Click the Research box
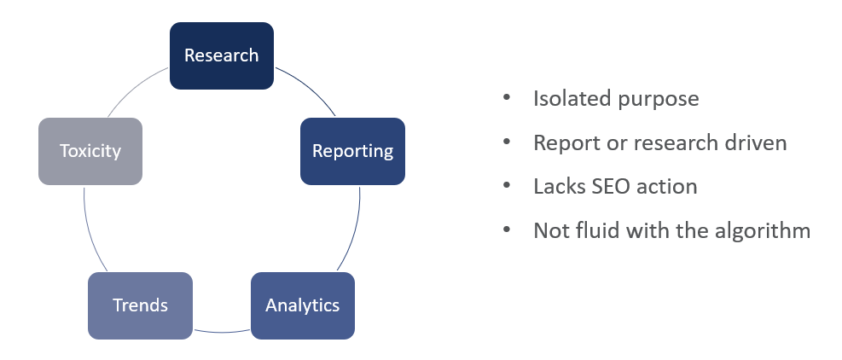tap(222, 56)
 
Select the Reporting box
tap(352, 151)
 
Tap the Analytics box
tap(302, 305)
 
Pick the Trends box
tap(140, 305)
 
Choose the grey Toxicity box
tap(90, 151)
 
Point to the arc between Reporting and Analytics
tap(354, 229)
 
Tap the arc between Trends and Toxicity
tap(90, 229)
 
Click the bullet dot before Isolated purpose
tap(507, 96)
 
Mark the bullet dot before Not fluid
tap(507, 229)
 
